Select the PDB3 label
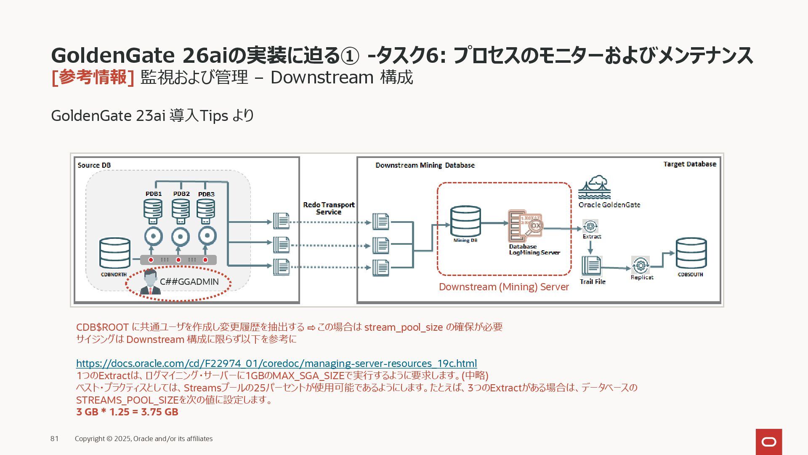(206, 194)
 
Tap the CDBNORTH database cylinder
(114, 253)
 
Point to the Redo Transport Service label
(329, 208)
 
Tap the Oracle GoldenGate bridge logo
(594, 188)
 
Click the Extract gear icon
(590, 226)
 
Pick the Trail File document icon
(591, 266)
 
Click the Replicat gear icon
(640, 265)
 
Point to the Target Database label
(689, 164)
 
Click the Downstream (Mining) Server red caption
(504, 287)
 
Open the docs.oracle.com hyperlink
(276, 363)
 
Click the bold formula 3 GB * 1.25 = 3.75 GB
(127, 412)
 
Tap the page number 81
(55, 439)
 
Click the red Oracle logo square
(768, 442)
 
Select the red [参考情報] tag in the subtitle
(93, 78)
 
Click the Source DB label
(94, 165)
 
